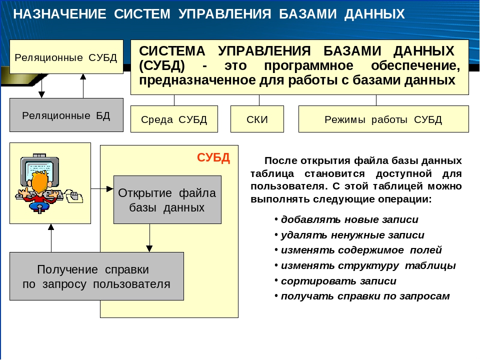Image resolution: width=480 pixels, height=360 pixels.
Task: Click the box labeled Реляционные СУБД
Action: click(66, 56)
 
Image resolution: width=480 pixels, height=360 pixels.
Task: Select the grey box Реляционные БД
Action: click(66, 115)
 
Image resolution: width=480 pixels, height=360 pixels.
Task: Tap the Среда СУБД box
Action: click(174, 119)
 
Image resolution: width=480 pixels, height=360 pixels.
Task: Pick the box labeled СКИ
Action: click(257, 119)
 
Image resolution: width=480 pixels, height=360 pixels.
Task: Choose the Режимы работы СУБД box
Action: click(383, 119)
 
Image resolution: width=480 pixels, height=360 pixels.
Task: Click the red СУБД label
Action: click(213, 157)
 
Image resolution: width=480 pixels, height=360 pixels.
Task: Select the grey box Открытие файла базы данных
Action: click(167, 199)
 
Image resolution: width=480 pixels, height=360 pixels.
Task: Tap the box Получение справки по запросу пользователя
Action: click(96, 276)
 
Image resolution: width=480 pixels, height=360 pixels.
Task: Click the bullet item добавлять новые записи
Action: click(346, 219)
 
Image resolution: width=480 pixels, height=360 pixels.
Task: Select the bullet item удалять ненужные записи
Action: click(349, 235)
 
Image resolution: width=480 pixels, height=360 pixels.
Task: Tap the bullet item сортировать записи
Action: click(335, 280)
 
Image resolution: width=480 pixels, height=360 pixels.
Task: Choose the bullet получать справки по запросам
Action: click(362, 296)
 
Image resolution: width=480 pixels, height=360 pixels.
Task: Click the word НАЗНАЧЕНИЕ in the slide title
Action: click(59, 14)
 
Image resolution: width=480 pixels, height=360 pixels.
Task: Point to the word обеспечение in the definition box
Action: click(415, 65)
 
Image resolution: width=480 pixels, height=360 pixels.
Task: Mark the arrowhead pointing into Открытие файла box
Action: click(110, 189)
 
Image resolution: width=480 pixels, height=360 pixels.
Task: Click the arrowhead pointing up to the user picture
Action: click(51, 227)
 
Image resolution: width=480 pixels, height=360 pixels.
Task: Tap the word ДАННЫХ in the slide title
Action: click(374, 14)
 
